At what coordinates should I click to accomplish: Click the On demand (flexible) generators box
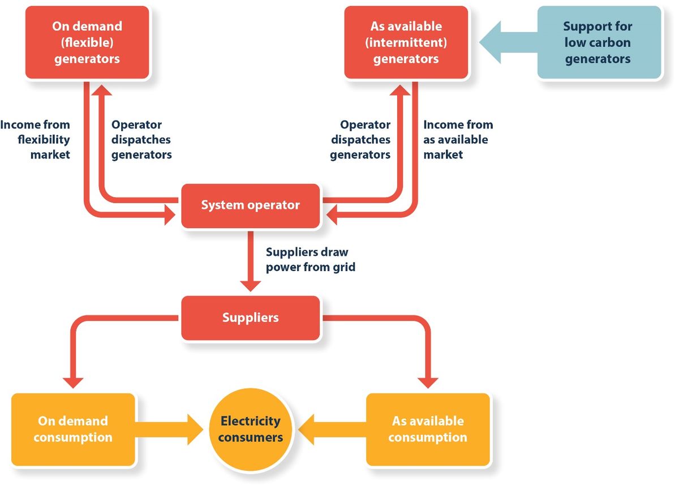87,42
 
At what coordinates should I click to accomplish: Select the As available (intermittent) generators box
406,42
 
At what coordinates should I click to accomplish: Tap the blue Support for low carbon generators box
598,42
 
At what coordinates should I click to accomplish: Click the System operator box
250,205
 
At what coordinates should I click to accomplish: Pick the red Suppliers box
250,318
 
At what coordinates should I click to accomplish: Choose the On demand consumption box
73,429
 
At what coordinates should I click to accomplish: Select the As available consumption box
428,429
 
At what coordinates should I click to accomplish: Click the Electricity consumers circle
250,430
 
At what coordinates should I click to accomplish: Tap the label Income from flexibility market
36,139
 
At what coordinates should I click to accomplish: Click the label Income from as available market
458,139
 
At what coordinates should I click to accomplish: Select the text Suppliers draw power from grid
311,260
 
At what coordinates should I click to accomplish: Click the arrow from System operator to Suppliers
250,260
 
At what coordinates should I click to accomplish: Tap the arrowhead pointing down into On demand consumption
73,381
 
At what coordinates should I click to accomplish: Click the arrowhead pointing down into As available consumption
428,381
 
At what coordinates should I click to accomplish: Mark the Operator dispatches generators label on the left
141,139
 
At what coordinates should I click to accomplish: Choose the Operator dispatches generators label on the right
360,139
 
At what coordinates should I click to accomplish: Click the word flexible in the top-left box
87,42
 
